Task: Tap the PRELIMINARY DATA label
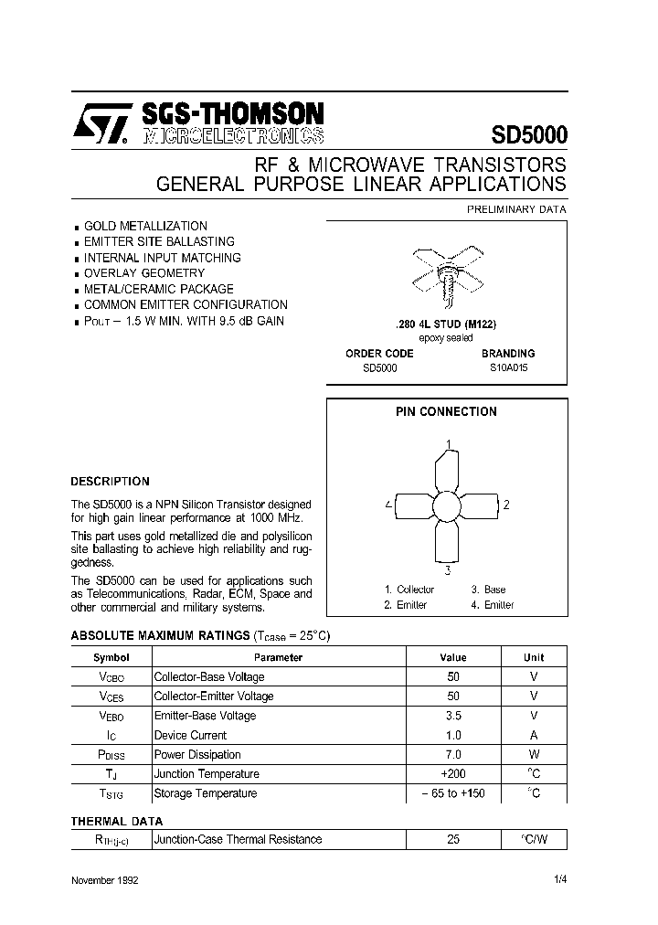click(x=516, y=209)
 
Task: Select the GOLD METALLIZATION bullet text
click(x=145, y=226)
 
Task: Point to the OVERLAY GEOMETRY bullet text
click(x=144, y=273)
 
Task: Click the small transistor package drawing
click(x=447, y=272)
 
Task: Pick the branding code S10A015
click(x=508, y=367)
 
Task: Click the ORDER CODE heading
click(x=379, y=353)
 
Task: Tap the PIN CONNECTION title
click(x=446, y=412)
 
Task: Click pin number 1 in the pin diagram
click(x=448, y=445)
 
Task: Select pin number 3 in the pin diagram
click(x=448, y=570)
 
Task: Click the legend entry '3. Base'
click(x=488, y=590)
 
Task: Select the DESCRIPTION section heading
click(x=110, y=481)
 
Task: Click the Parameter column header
click(x=278, y=657)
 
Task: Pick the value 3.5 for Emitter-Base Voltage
click(x=453, y=716)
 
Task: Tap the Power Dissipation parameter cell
click(x=197, y=755)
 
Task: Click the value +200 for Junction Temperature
click(x=453, y=774)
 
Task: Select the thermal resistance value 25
click(x=453, y=839)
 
